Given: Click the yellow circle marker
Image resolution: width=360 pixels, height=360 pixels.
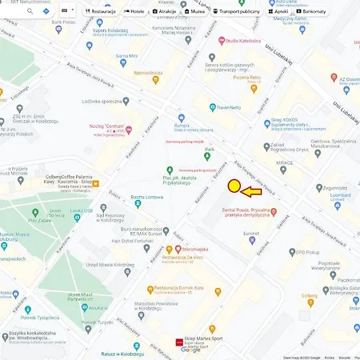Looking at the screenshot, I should [x=234, y=186].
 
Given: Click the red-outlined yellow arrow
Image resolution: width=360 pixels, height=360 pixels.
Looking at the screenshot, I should [x=255, y=192].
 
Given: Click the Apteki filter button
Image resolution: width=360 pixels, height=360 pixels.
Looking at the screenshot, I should [x=279, y=12].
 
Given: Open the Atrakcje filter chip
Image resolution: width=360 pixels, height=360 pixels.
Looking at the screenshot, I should [x=166, y=12].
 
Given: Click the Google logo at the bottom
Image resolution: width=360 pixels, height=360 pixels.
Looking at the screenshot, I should [x=190, y=350].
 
